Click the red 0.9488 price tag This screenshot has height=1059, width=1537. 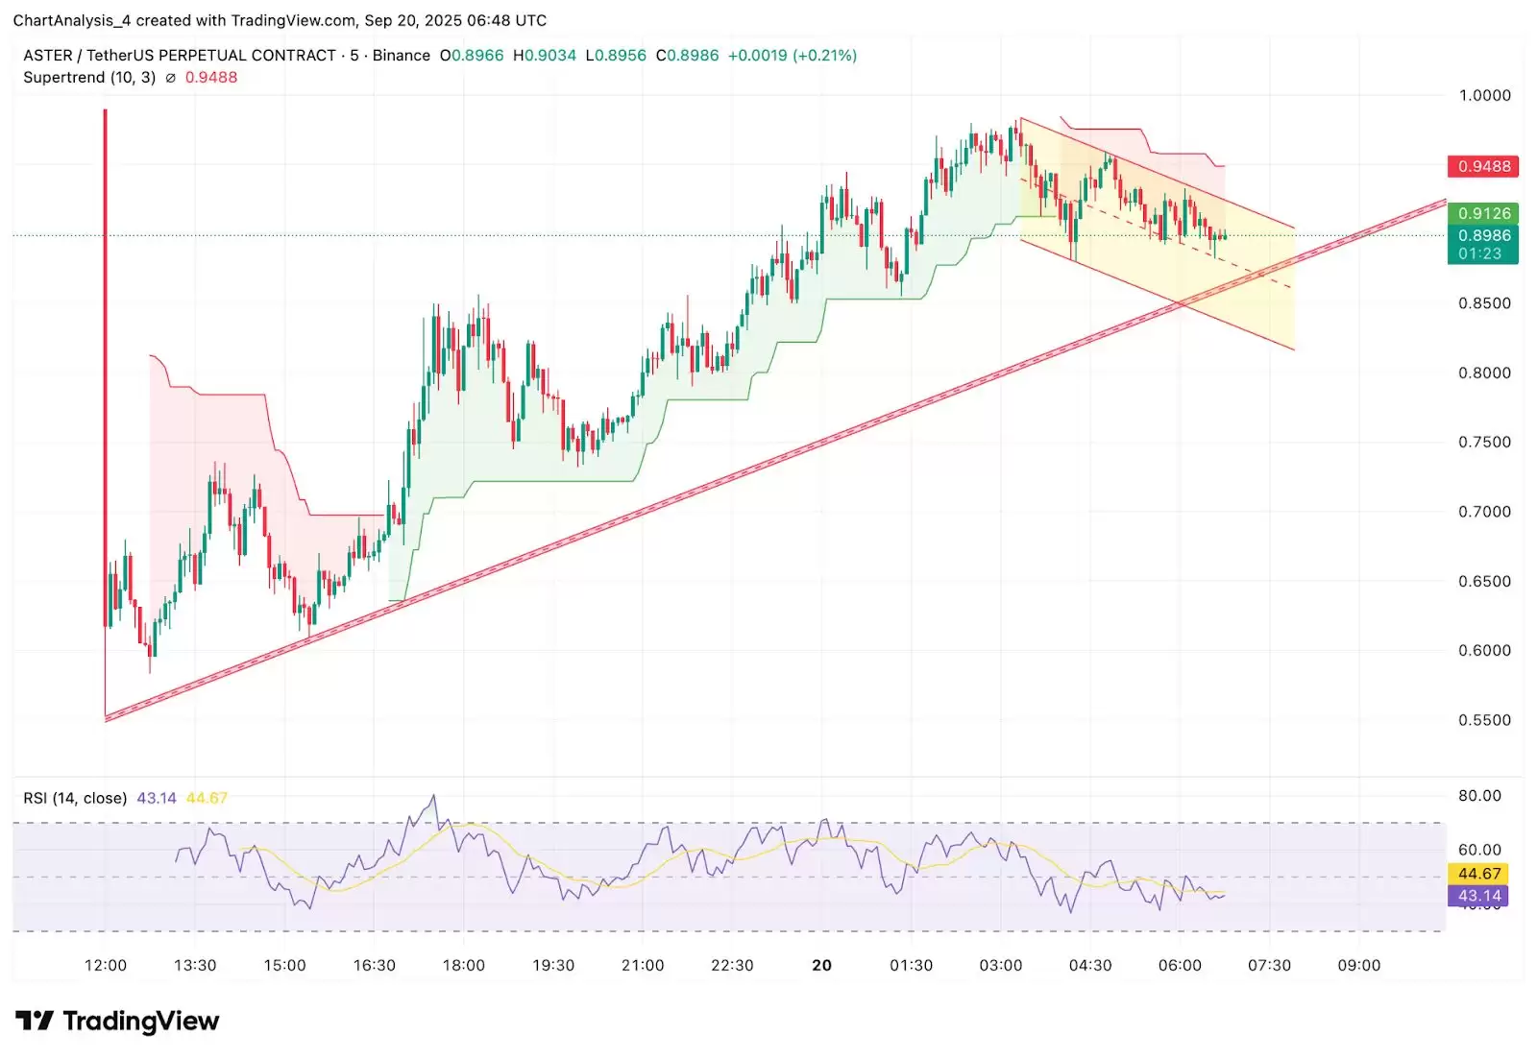point(1483,166)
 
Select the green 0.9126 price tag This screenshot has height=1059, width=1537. point(1483,213)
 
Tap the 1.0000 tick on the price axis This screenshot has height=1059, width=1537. point(1484,95)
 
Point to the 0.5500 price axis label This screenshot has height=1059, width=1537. point(1484,720)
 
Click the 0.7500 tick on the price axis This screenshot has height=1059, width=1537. point(1484,443)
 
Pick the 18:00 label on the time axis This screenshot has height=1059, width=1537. point(463,965)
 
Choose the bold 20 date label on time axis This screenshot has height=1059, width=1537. point(821,965)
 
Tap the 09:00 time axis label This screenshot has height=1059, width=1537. point(1358,965)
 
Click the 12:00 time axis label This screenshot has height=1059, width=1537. point(105,965)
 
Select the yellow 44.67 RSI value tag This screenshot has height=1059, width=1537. point(1478,874)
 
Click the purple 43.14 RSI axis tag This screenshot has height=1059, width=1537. point(1478,896)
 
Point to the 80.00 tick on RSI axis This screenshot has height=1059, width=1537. point(1479,796)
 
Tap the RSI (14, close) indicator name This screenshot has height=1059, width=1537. point(75,798)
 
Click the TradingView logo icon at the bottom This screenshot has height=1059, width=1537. point(35,1021)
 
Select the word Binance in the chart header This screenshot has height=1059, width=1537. point(401,56)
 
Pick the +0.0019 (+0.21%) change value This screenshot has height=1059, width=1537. point(792,56)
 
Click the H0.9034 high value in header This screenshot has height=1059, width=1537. point(545,56)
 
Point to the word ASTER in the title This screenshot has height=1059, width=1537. point(47,56)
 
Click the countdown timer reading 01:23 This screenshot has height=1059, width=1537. point(1479,253)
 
